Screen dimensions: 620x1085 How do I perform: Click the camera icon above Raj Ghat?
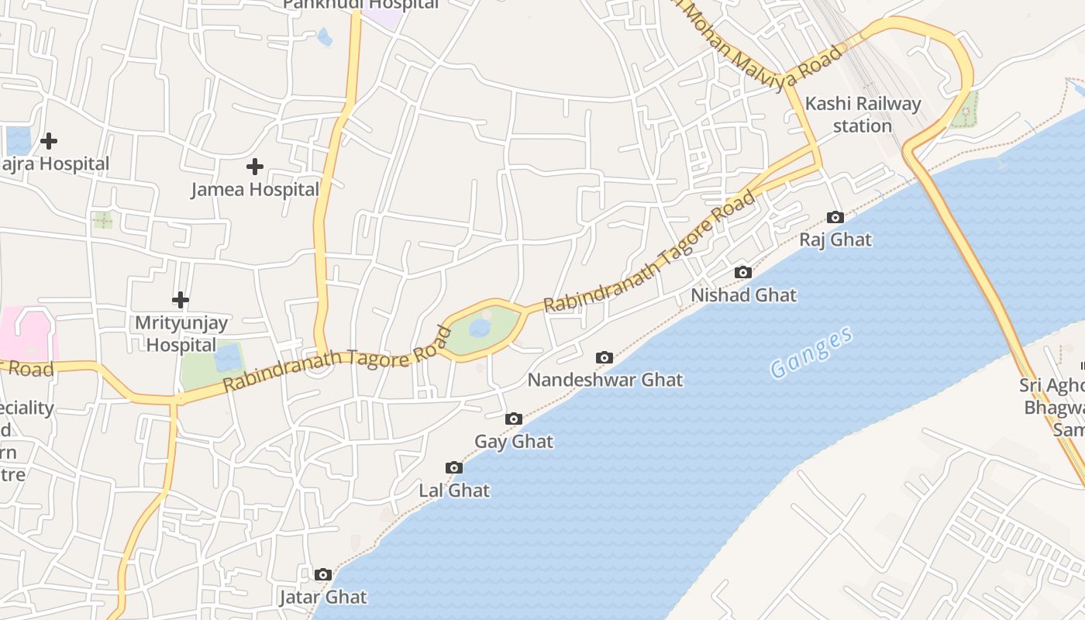click(835, 218)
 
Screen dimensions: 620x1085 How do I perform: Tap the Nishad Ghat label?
click(743, 295)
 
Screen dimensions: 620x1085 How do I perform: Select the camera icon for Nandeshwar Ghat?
click(604, 357)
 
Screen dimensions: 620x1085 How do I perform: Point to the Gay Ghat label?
click(514, 442)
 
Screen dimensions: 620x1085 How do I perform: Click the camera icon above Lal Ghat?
click(454, 468)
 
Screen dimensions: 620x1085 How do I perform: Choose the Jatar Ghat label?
click(322, 598)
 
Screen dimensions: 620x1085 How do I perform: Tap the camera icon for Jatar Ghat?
click(323, 575)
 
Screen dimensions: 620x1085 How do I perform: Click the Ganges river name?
click(811, 353)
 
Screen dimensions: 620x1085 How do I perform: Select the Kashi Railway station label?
click(863, 115)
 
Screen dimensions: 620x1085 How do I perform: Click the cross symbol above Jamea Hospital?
click(254, 167)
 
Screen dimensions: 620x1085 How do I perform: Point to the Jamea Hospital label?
click(255, 190)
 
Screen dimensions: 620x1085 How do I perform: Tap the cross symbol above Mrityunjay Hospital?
click(181, 300)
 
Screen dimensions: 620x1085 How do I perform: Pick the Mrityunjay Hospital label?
click(181, 333)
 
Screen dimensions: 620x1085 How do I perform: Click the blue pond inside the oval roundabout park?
click(480, 329)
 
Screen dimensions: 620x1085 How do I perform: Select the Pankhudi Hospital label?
click(360, 5)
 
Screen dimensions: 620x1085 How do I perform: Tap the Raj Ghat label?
click(835, 240)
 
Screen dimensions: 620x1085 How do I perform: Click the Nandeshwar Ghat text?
click(604, 380)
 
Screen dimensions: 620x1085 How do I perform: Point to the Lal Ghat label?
click(454, 491)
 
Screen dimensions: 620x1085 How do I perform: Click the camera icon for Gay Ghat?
click(513, 419)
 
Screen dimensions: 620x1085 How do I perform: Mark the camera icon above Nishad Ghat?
click(742, 273)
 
